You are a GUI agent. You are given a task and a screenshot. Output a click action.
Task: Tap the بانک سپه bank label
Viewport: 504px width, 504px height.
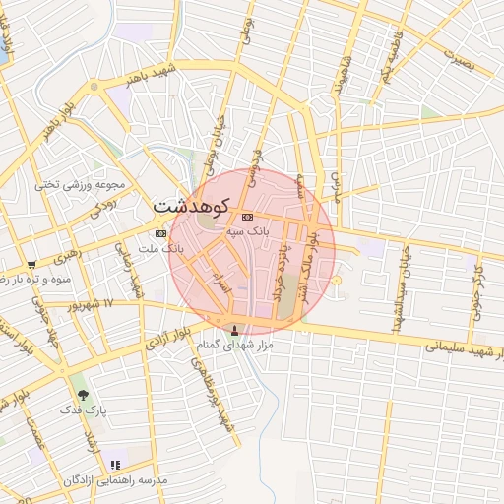247,229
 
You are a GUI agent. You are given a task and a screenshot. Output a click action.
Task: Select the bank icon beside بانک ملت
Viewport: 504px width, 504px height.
160,233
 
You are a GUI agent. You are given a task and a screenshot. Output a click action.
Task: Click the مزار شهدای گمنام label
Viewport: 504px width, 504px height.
233,346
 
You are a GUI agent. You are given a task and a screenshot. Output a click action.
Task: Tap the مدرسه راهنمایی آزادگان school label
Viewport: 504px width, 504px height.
115,479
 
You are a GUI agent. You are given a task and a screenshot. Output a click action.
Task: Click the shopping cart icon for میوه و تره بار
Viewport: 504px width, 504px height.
31,264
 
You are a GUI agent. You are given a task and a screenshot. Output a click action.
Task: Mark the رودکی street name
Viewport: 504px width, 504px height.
102,203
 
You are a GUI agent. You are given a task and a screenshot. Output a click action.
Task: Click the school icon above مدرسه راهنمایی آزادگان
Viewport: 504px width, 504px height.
115,465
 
